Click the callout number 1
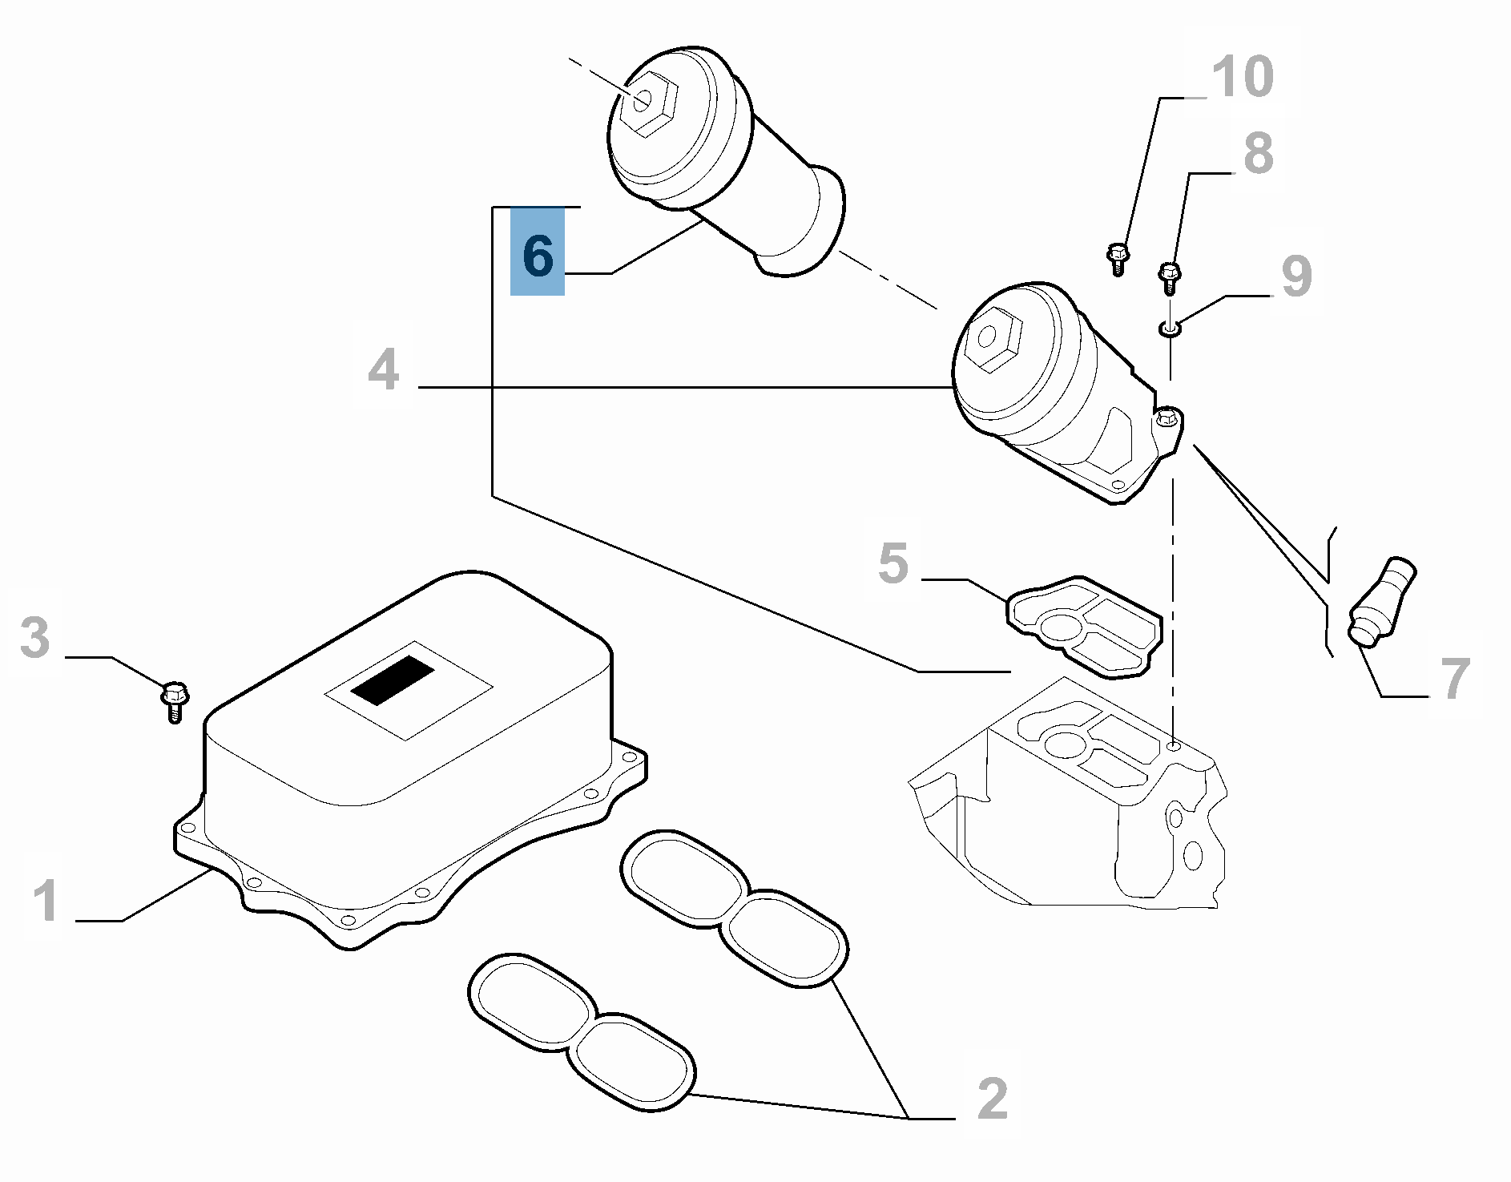coord(46,900)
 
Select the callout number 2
coord(993,1099)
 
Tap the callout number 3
coord(35,638)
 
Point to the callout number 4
coord(383,369)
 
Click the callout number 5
coord(893,563)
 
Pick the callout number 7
coord(1455,678)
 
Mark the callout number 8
coord(1259,153)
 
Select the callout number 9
coord(1297,276)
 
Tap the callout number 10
coord(1243,77)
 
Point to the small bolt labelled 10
coord(1118,259)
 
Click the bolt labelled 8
coord(1171,277)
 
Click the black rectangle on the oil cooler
coord(393,680)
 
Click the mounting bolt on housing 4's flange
coord(1168,417)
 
